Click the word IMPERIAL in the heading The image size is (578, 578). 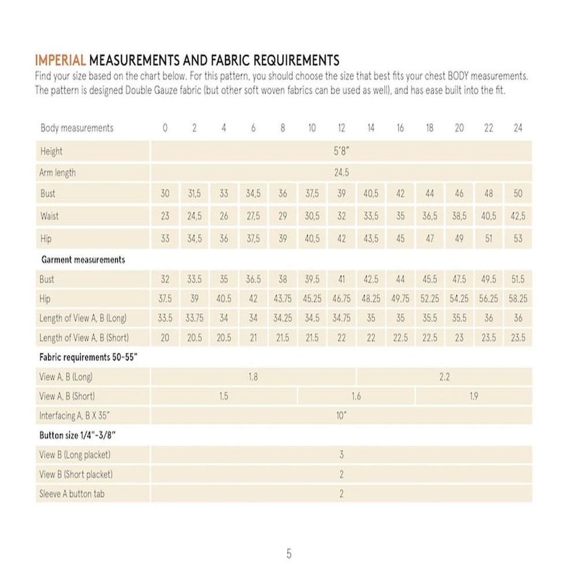61,61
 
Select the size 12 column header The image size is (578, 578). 341,128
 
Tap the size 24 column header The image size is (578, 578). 518,128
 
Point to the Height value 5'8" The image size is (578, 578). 341,151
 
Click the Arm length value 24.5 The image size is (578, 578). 341,173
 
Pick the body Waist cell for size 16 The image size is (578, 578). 400,216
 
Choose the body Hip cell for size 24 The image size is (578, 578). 518,238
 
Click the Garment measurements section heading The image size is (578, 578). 82,260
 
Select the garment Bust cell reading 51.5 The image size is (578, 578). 518,279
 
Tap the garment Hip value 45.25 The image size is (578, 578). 312,299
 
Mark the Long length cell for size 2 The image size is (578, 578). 194,318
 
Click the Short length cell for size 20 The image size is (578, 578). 459,338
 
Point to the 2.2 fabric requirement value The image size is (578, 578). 444,377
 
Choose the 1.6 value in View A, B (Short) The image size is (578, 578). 356,397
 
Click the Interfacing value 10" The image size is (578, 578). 341,416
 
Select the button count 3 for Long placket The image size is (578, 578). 341,455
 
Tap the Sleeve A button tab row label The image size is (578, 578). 72,494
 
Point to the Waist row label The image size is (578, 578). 49,216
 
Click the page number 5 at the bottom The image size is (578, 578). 289,554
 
